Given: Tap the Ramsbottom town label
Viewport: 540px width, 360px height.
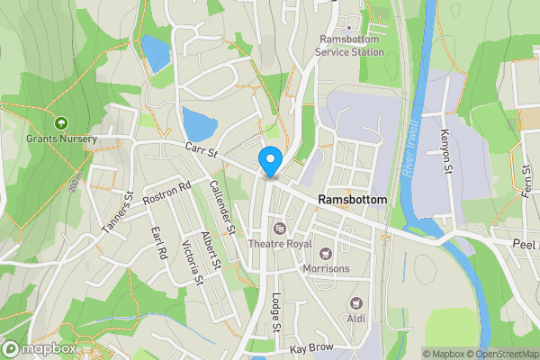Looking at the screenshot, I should pyautogui.click(x=352, y=200).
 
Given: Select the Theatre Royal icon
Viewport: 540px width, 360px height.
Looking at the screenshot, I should pyautogui.click(x=280, y=228).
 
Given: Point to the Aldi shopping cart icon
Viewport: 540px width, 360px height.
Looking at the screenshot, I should pyautogui.click(x=356, y=303).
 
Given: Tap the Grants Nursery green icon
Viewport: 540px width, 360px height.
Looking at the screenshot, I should pyautogui.click(x=61, y=122).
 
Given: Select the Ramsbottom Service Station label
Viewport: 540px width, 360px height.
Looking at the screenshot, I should pyautogui.click(x=350, y=46).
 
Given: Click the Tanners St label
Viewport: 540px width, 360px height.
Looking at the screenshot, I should pyautogui.click(x=118, y=213).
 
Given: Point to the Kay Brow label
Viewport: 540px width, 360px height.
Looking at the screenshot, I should pyautogui.click(x=311, y=347).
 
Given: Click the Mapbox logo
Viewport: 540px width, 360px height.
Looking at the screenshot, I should pyautogui.click(x=40, y=349).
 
